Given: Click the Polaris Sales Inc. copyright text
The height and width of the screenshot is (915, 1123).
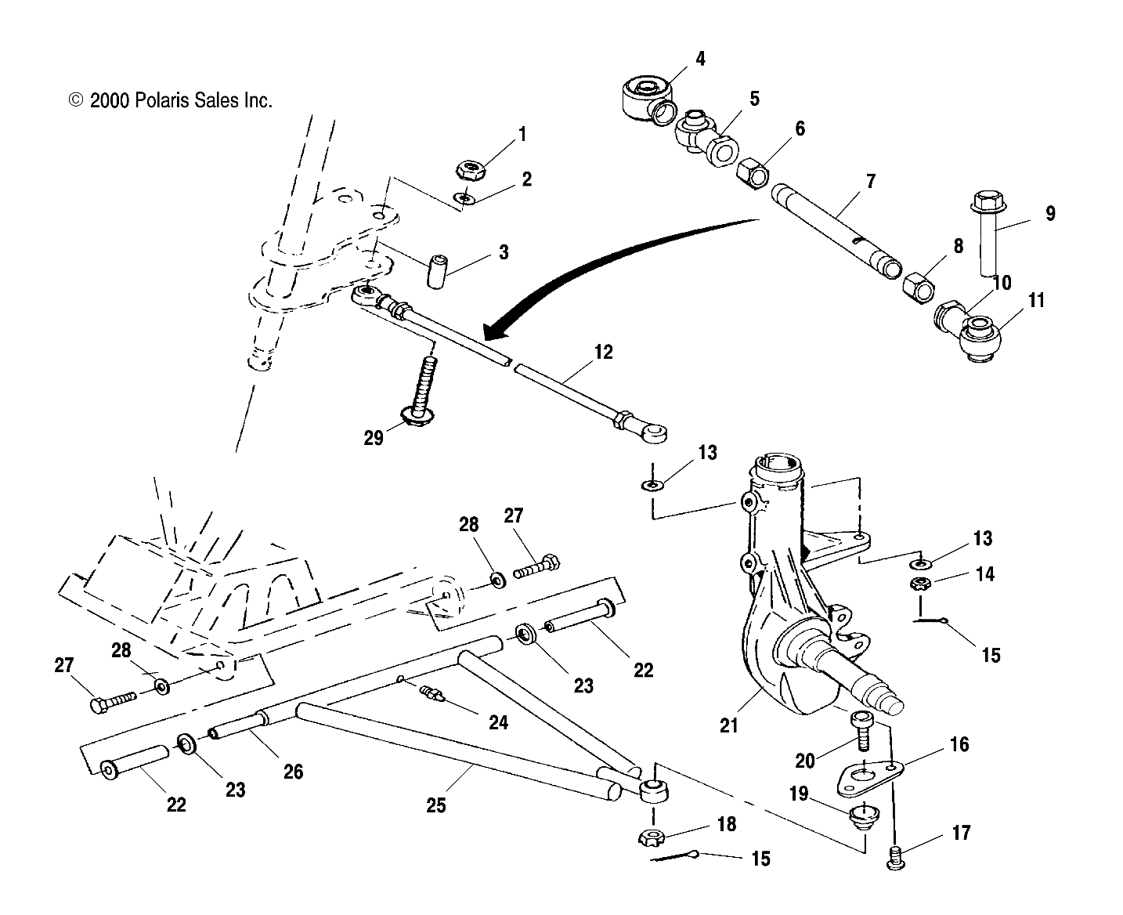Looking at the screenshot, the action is [171, 100].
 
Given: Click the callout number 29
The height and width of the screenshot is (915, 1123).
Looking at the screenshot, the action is [374, 437].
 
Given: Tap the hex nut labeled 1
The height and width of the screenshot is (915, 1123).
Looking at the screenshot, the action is [471, 169].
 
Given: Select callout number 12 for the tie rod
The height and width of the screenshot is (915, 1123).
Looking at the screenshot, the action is [603, 352].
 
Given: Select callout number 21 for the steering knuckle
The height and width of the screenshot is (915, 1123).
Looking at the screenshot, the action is [729, 725].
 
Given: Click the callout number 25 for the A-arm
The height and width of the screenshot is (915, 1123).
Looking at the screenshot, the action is [435, 805].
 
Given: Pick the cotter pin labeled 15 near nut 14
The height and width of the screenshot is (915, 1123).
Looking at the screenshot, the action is [930, 622].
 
